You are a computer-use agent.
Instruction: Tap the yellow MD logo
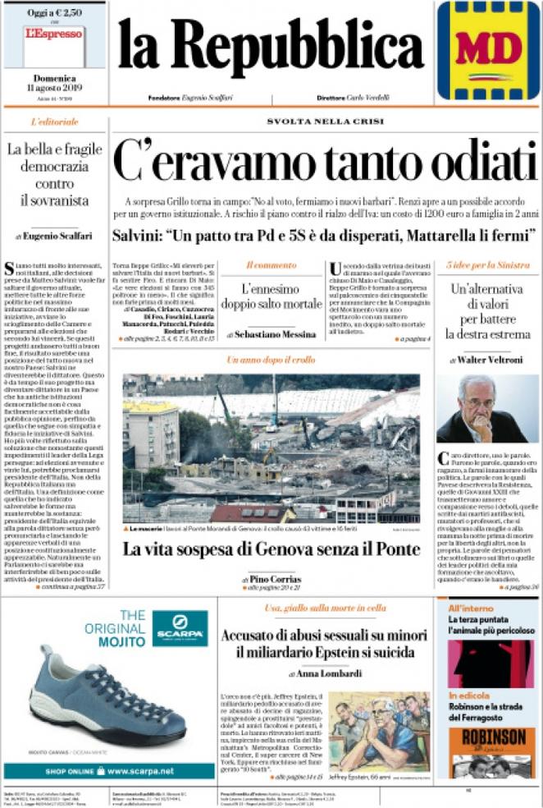click(x=488, y=48)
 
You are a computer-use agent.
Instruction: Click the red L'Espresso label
click(x=54, y=34)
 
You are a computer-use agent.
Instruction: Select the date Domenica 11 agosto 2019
click(x=54, y=83)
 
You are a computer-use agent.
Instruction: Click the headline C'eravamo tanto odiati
click(x=324, y=160)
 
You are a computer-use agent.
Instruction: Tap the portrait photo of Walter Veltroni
click(x=488, y=409)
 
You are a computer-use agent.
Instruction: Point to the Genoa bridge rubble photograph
click(x=271, y=448)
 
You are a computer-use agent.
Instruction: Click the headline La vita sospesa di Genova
click(x=271, y=549)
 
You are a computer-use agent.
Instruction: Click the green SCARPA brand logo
click(x=180, y=628)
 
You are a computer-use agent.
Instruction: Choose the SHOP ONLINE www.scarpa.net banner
click(x=109, y=771)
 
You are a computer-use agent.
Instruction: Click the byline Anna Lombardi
click(x=323, y=673)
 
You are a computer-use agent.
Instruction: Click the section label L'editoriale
click(x=55, y=122)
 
